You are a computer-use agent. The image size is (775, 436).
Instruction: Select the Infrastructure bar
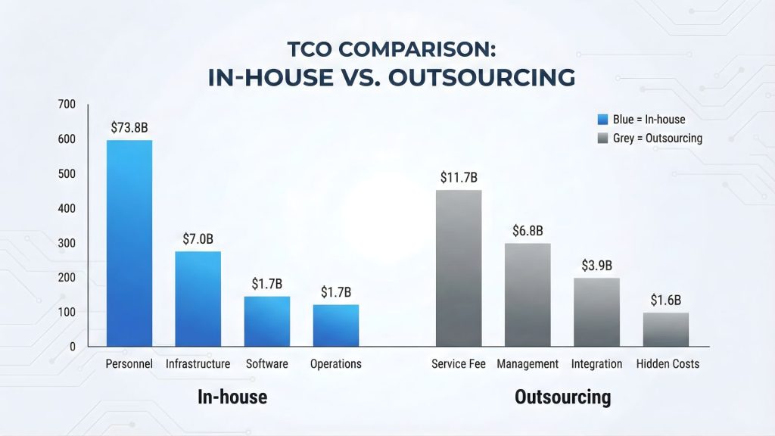tap(198, 299)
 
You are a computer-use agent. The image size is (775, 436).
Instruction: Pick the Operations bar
tap(336, 325)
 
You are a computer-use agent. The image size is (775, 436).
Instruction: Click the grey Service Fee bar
tap(459, 269)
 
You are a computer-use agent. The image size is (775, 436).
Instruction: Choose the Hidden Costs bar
tap(666, 329)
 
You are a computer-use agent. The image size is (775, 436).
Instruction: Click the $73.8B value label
tap(129, 127)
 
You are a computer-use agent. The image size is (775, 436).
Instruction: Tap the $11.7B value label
tap(459, 177)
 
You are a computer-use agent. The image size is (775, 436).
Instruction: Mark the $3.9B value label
tap(596, 266)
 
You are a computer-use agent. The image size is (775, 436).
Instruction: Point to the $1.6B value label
tap(666, 300)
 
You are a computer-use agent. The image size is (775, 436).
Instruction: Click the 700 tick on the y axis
tap(67, 104)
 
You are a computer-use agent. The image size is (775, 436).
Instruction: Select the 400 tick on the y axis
tap(67, 208)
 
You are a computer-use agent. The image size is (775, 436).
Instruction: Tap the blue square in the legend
tap(602, 119)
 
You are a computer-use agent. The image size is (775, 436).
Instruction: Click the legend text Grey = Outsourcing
tap(657, 138)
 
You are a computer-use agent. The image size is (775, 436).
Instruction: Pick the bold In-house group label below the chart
tap(232, 397)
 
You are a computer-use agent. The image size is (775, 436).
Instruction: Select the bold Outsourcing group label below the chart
tap(562, 397)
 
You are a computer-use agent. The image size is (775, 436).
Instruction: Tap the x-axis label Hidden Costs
tap(668, 364)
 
